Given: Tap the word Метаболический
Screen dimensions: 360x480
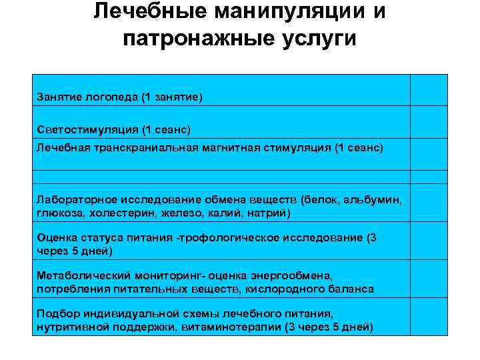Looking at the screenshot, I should click(81, 275).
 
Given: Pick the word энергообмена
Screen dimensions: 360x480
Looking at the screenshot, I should click(297, 275).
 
